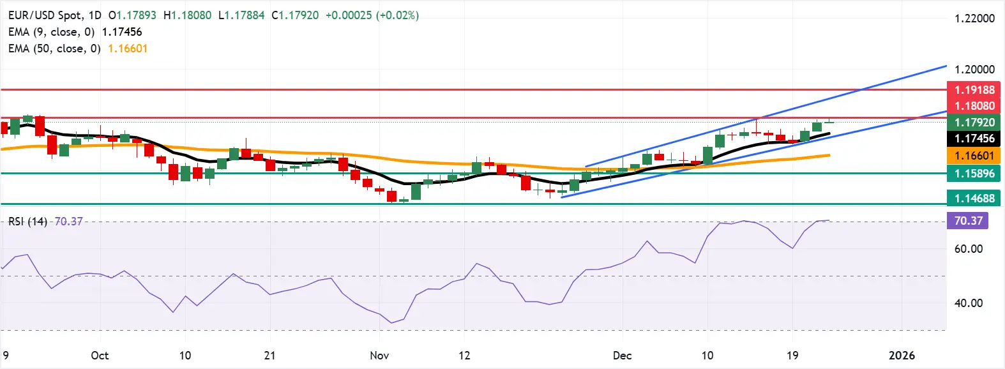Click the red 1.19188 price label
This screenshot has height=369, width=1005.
coord(974,90)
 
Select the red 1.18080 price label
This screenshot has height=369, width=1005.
coord(974,106)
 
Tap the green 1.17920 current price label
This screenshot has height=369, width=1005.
coord(974,123)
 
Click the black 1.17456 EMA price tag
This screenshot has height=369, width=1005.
coord(974,139)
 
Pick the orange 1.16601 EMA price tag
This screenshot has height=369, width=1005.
coord(974,156)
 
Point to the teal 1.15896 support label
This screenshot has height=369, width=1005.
coord(974,174)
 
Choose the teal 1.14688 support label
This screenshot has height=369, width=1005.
coord(974,199)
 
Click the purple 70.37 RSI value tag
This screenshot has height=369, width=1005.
coord(968,221)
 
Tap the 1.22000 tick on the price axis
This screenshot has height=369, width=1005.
coord(974,19)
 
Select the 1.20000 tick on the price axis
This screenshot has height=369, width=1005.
coord(974,70)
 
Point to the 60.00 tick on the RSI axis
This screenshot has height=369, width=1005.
coord(968,249)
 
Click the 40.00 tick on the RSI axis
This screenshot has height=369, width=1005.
coord(968,303)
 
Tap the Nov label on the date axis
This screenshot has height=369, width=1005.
coord(379,356)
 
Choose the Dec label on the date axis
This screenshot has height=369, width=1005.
coord(622,356)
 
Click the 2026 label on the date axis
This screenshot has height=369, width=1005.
coord(902,356)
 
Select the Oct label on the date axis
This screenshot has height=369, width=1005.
coord(100,356)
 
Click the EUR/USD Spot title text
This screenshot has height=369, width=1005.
coord(46,15)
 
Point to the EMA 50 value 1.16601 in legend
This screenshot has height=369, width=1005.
coord(128,49)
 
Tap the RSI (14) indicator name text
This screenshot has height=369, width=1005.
coord(27,222)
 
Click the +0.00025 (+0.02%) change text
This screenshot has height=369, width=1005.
coord(372,15)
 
